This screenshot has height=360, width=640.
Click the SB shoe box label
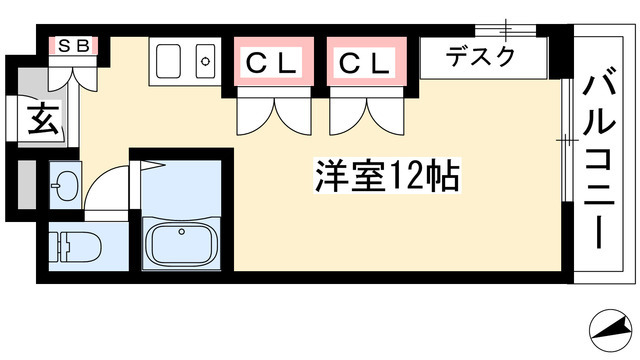(x=73, y=45)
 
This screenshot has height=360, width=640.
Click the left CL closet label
(x=271, y=63)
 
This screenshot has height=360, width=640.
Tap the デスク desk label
(x=481, y=57)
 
